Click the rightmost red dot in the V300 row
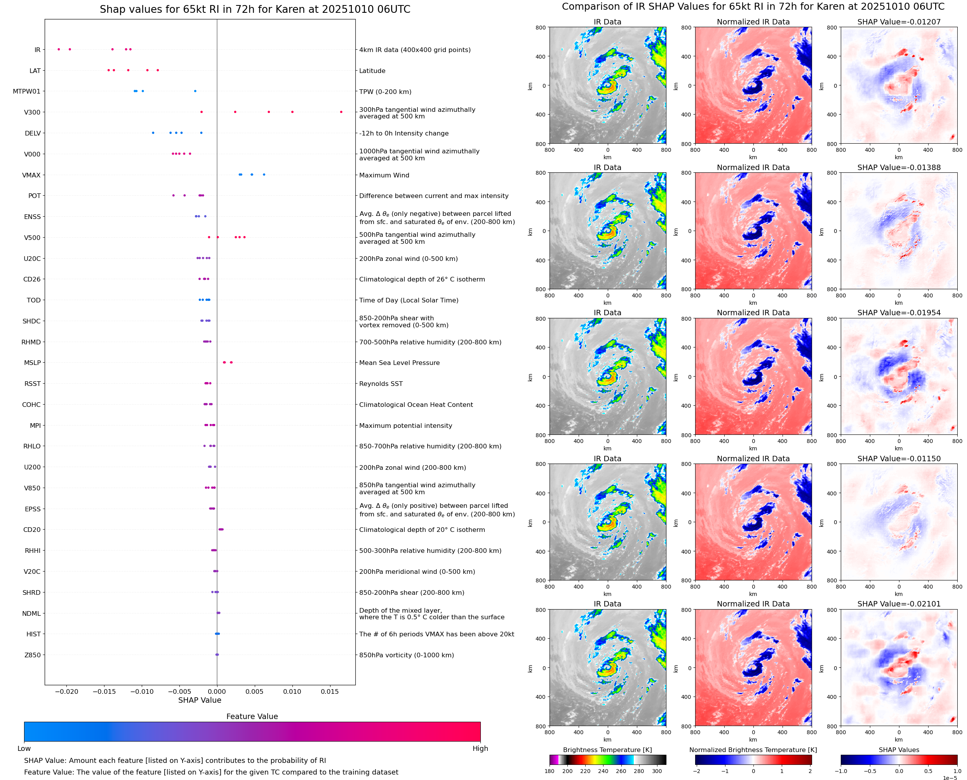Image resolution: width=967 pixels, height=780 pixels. pyautogui.click(x=341, y=112)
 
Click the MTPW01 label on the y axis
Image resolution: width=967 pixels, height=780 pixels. pyautogui.click(x=26, y=91)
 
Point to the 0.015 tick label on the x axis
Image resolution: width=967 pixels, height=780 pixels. pyautogui.click(x=330, y=691)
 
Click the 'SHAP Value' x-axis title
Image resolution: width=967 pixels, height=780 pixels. pyautogui.click(x=200, y=700)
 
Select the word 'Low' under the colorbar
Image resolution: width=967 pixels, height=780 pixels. pyautogui.click(x=24, y=749)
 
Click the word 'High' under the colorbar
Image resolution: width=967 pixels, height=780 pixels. pyautogui.click(x=480, y=749)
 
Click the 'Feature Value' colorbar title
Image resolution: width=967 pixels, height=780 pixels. pyautogui.click(x=252, y=716)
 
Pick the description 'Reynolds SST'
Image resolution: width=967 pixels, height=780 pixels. pyautogui.click(x=381, y=384)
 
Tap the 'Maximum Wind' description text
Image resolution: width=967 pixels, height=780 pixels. pyautogui.click(x=384, y=175)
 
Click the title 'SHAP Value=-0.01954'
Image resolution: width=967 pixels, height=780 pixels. pyautogui.click(x=899, y=313)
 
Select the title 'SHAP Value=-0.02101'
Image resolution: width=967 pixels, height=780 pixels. pyautogui.click(x=899, y=604)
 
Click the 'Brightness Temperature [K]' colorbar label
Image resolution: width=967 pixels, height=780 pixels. pyautogui.click(x=607, y=750)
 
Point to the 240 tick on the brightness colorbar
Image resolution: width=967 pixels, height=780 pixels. pyautogui.click(x=603, y=771)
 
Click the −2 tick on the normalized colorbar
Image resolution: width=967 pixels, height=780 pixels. pyautogui.click(x=696, y=771)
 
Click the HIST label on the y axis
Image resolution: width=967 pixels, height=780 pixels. pyautogui.click(x=33, y=634)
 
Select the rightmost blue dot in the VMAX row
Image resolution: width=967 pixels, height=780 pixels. pyautogui.click(x=264, y=174)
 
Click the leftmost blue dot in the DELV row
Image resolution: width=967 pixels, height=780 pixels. pyautogui.click(x=153, y=133)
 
